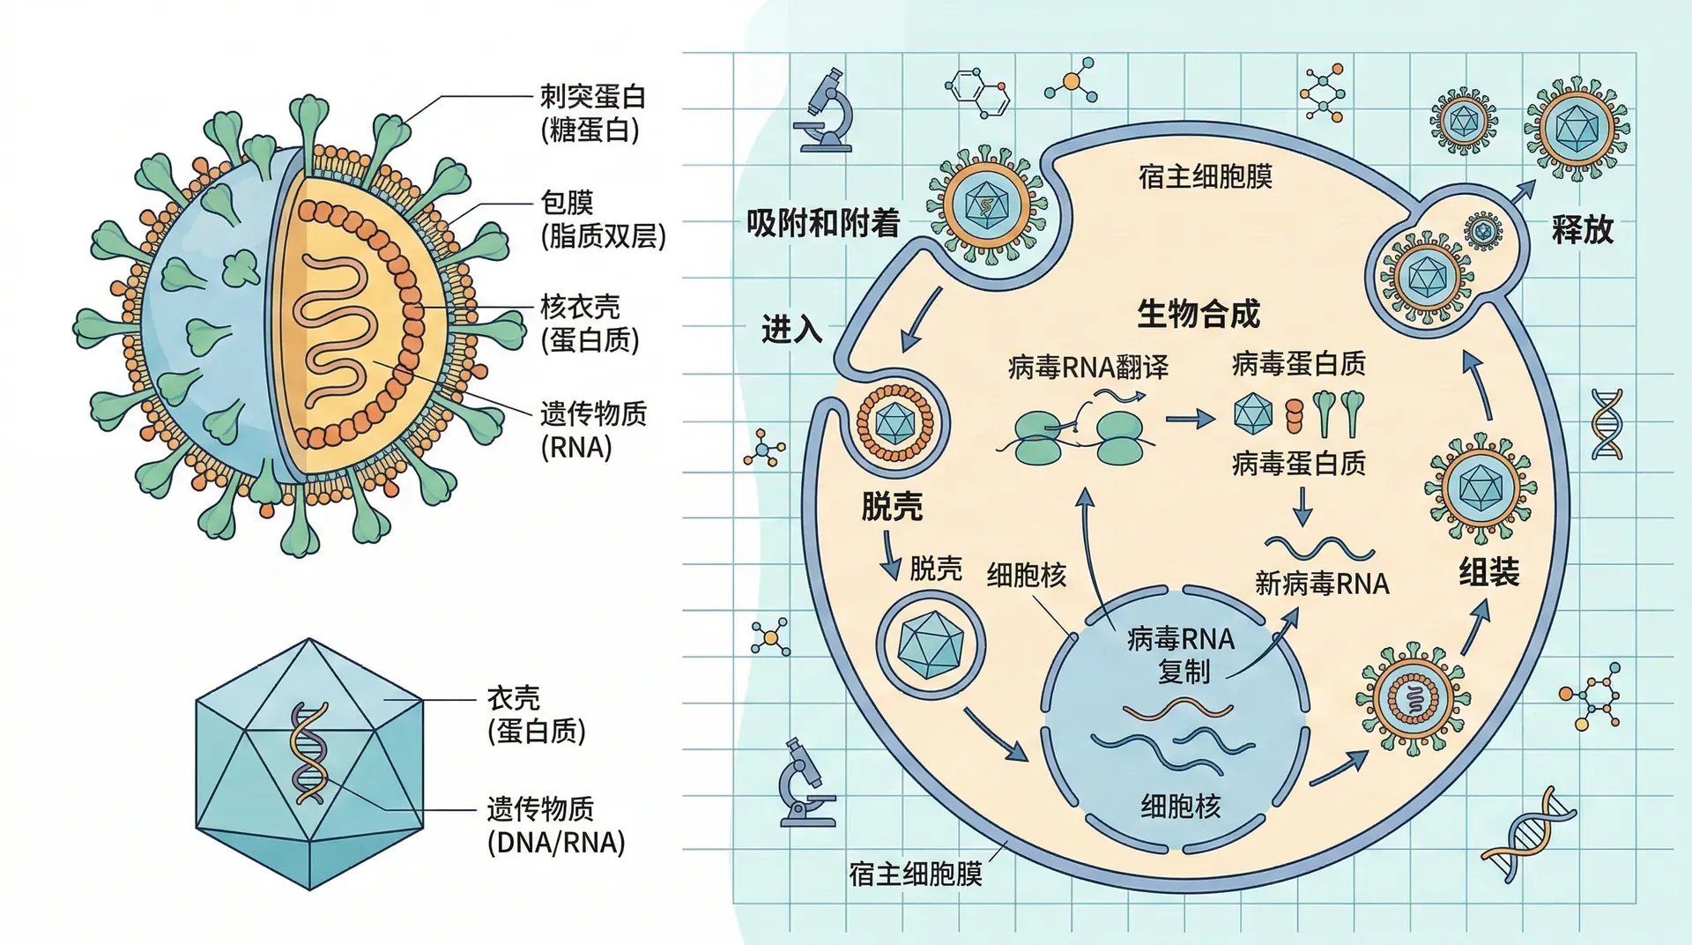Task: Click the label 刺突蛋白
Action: point(592,97)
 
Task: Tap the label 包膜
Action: point(567,203)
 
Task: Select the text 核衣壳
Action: point(580,307)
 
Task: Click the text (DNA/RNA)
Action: point(556,843)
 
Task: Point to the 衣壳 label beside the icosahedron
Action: point(513,698)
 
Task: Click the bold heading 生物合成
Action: point(1198,314)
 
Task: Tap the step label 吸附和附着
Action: point(822,223)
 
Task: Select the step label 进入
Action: point(791,330)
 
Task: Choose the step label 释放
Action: point(1582,229)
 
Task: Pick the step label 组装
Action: point(1488,572)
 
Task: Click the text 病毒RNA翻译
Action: point(1087,367)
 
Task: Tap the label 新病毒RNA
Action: point(1322,584)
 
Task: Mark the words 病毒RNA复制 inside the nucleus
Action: point(1181,654)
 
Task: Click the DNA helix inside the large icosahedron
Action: point(309,754)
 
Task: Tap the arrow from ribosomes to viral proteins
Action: point(1190,419)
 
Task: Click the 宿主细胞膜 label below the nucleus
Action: point(915,874)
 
